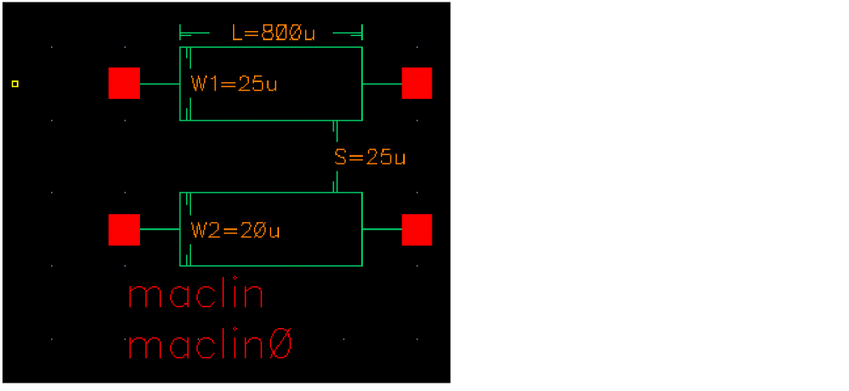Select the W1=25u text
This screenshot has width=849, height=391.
pos(234,84)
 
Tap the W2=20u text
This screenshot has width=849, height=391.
pos(234,230)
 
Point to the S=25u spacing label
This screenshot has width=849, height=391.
pos(370,157)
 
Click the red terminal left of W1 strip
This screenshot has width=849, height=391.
pos(124,84)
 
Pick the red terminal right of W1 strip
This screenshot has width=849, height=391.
pos(417,84)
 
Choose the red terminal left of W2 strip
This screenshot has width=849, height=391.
pos(124,230)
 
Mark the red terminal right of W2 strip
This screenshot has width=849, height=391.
pos(417,230)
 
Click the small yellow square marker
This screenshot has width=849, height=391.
pos(15,84)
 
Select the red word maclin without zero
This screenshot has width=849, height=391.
pos(196,296)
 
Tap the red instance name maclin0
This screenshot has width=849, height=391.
pos(209,347)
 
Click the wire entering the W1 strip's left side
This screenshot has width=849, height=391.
pos(159,84)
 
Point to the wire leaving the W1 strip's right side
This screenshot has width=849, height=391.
pos(381,84)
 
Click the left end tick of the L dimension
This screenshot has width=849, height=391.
pos(181,34)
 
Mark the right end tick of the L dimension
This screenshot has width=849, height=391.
pos(362,34)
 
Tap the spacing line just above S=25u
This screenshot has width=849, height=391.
pos(336,133)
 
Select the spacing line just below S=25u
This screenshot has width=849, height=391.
pos(336,181)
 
